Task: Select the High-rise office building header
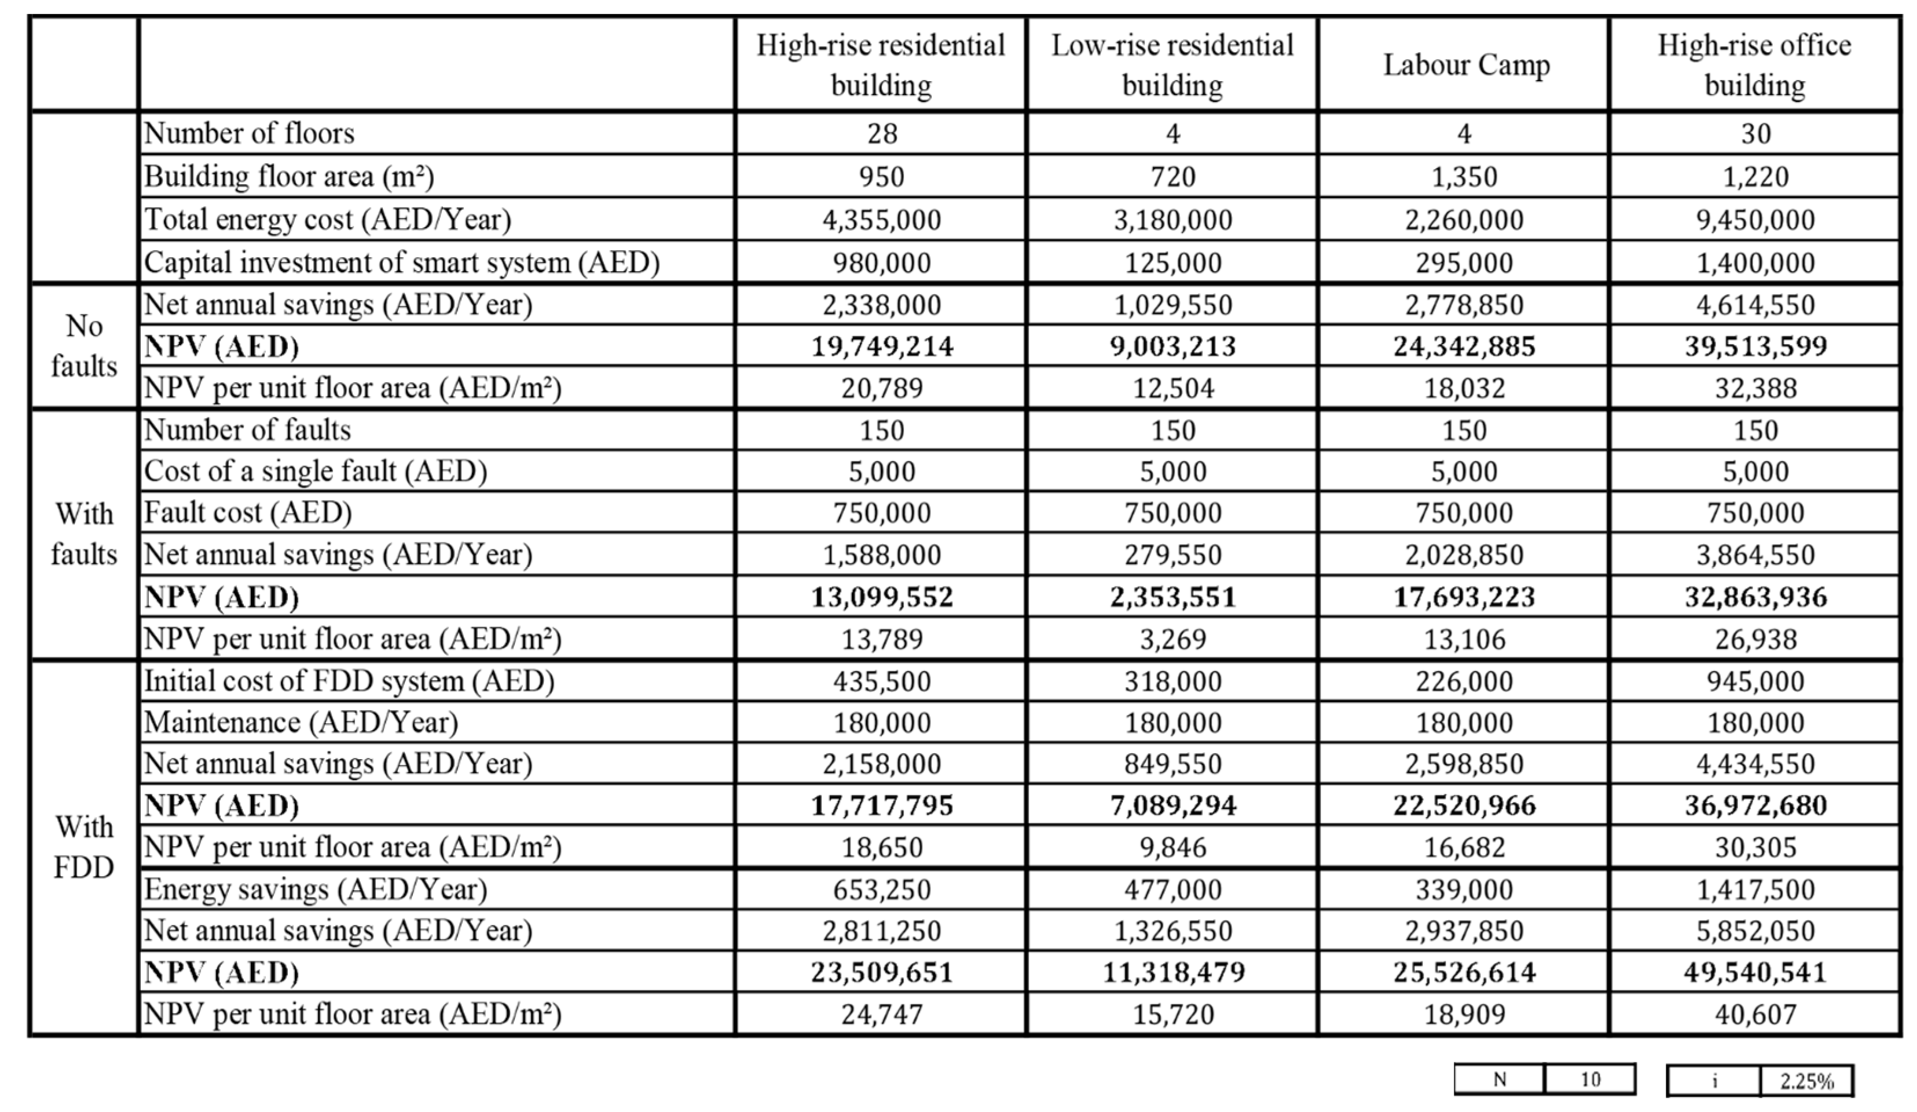click(1754, 65)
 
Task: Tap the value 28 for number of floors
click(882, 134)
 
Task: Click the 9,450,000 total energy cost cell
click(1755, 220)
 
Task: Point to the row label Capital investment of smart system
click(402, 262)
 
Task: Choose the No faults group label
click(84, 347)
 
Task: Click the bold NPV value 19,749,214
click(882, 347)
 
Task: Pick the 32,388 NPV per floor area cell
click(1755, 388)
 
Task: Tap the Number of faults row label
click(247, 431)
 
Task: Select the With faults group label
click(84, 534)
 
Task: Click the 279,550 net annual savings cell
click(1173, 555)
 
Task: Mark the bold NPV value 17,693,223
click(1464, 597)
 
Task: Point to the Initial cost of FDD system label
click(349, 681)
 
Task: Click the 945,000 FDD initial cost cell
click(1755, 681)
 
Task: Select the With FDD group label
click(84, 847)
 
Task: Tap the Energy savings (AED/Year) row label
click(316, 889)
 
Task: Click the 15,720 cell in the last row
click(1173, 1015)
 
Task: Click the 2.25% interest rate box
click(1806, 1081)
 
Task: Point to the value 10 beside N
click(1590, 1080)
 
